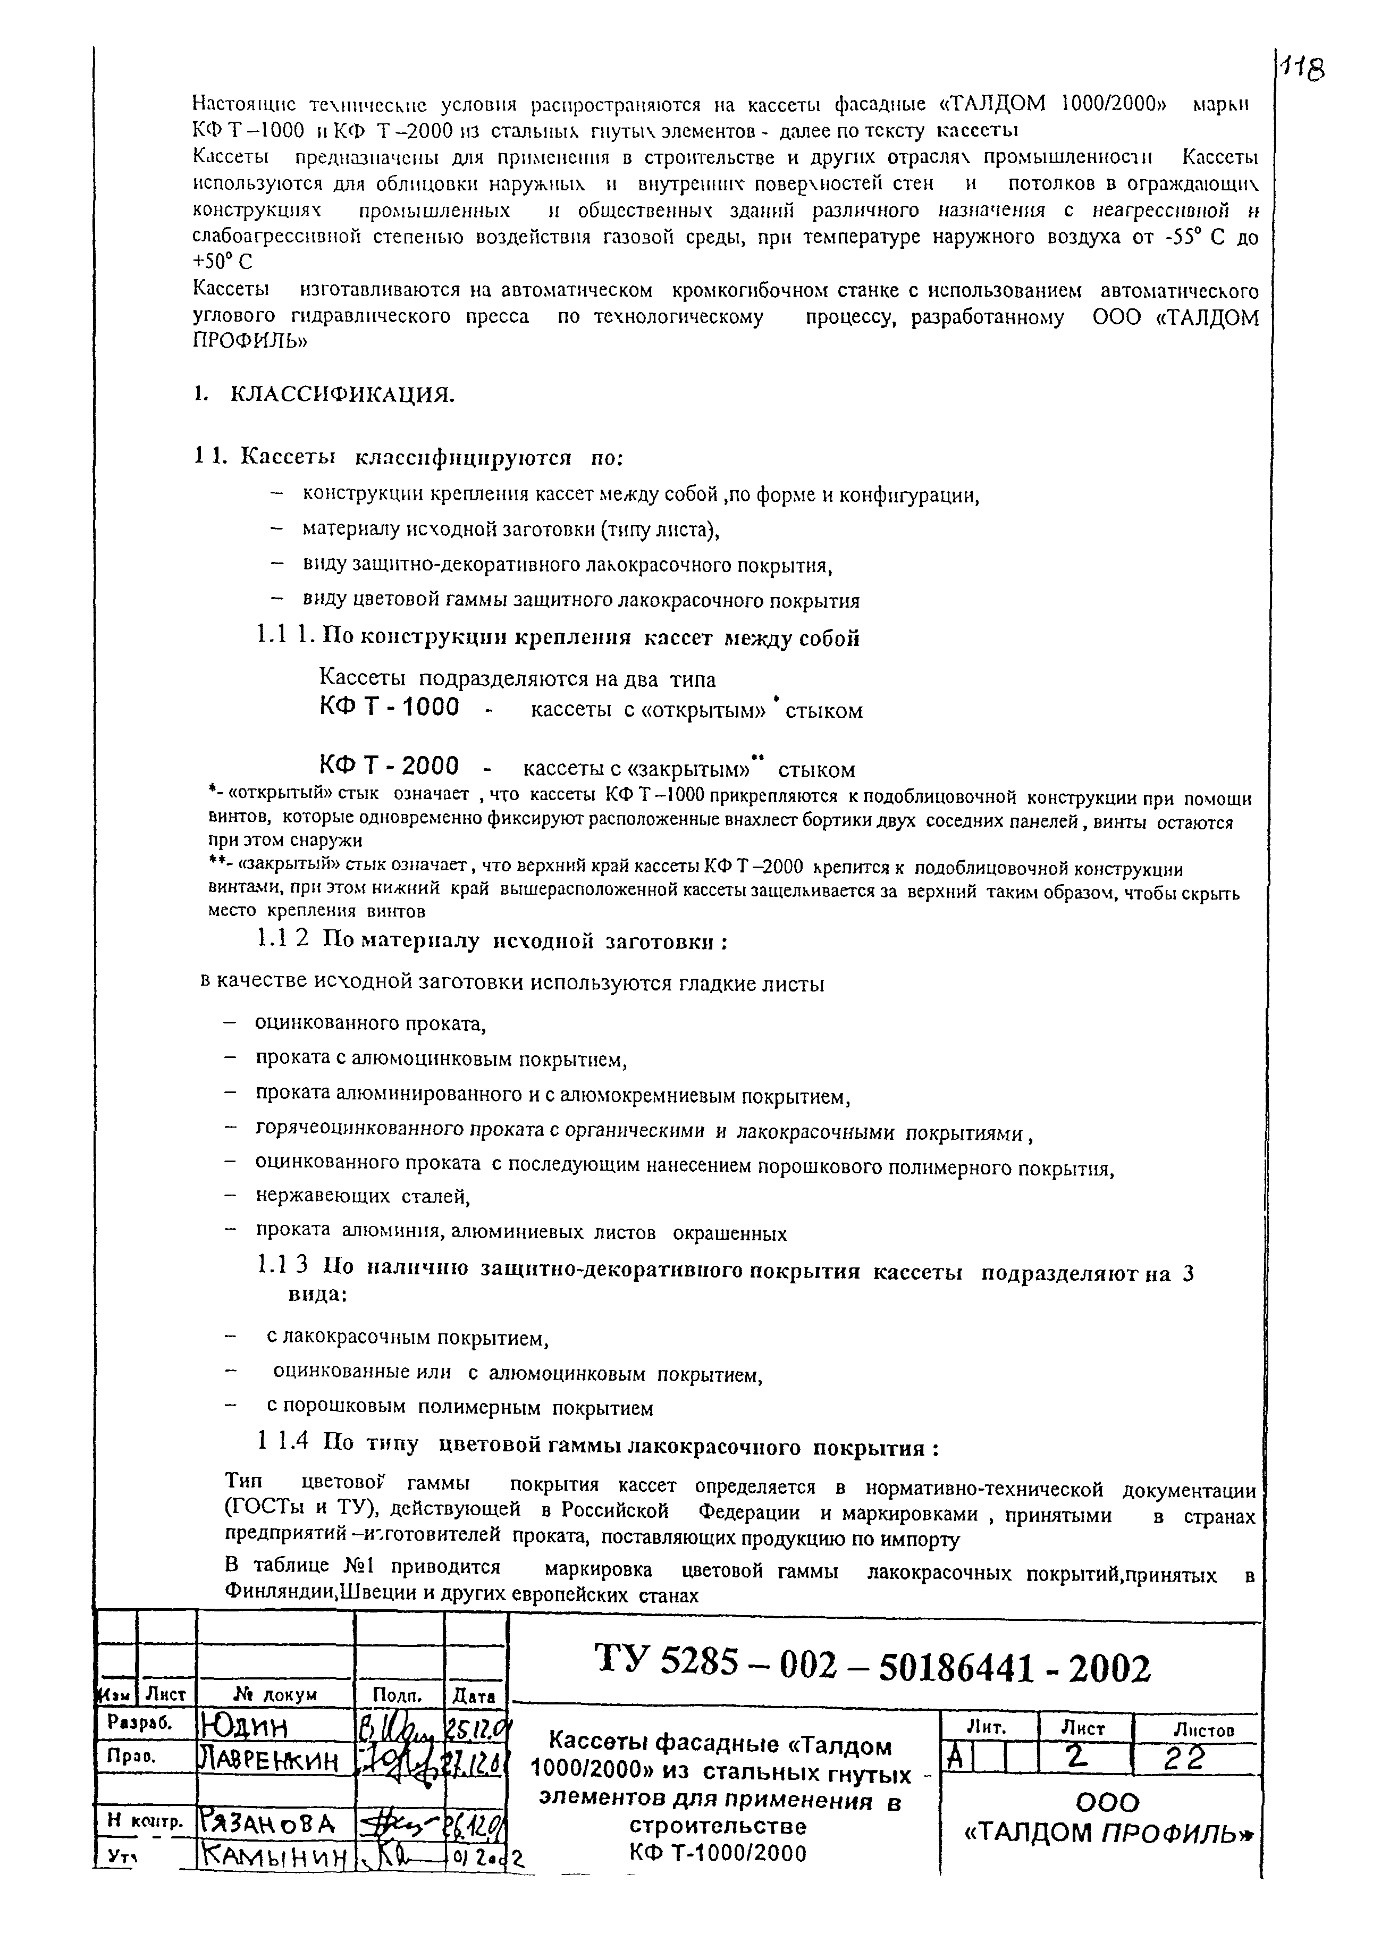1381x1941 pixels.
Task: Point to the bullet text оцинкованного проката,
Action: tap(370, 1023)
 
